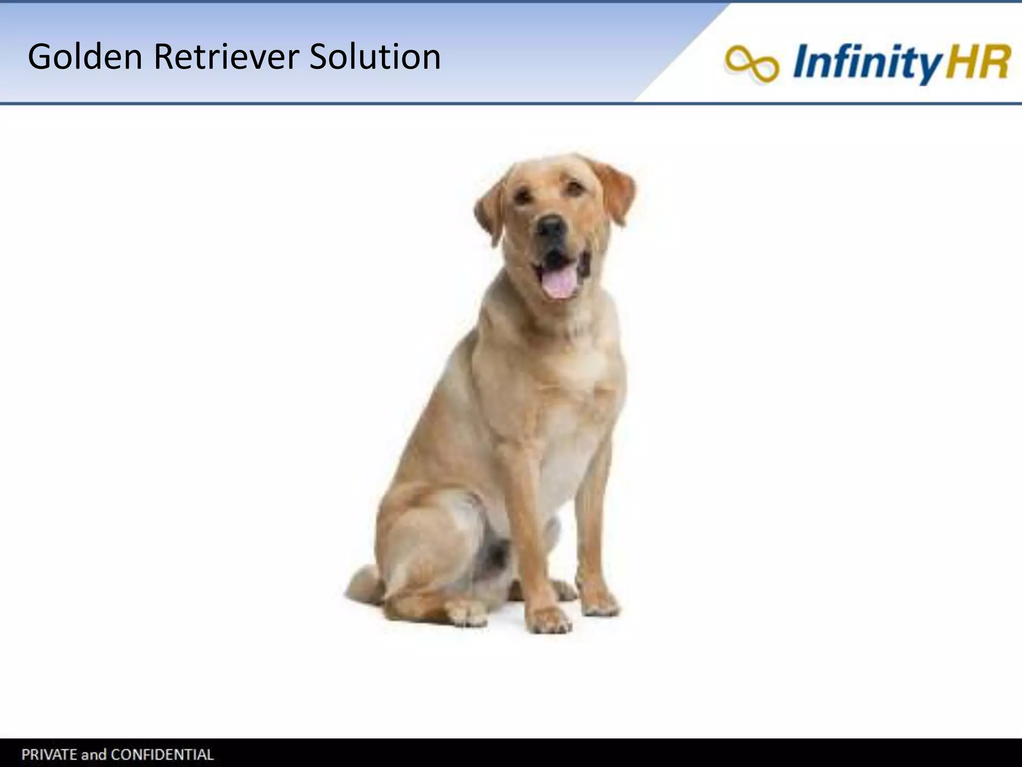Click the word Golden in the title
point(85,57)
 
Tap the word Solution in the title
point(375,57)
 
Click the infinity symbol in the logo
point(752,63)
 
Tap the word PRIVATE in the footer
point(47,754)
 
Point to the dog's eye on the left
point(522,196)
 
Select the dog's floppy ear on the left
point(489,212)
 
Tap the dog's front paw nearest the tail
point(549,619)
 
